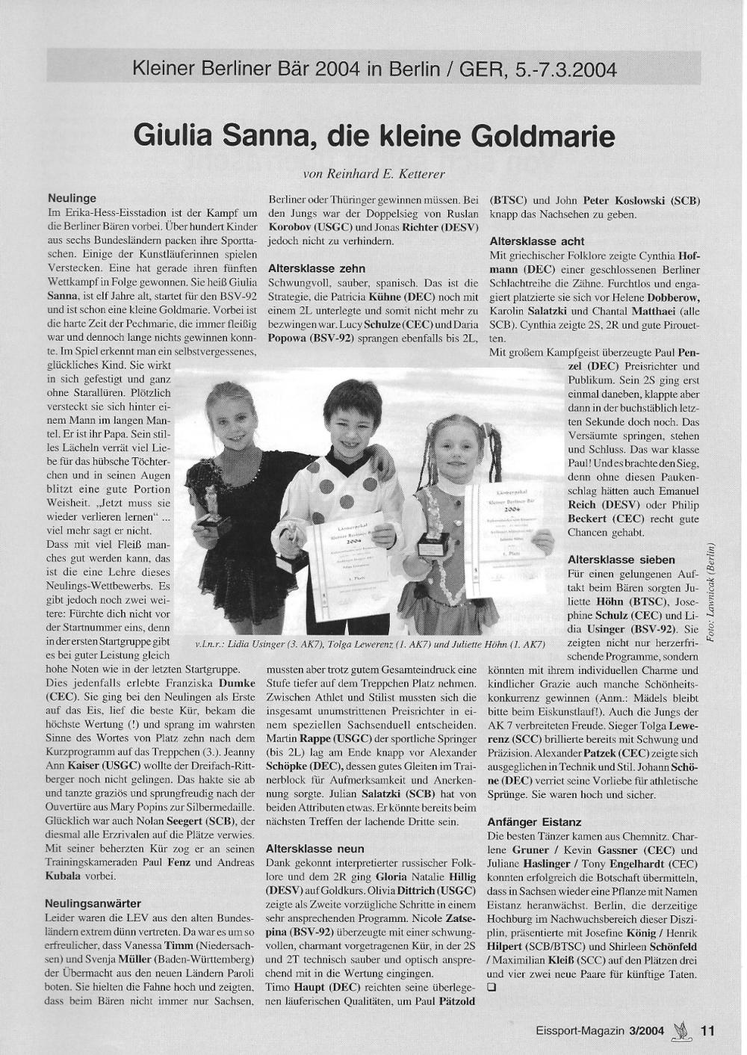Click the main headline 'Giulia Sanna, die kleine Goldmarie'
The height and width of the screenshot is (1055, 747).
click(373, 137)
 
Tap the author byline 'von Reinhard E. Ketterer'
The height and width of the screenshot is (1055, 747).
click(373, 173)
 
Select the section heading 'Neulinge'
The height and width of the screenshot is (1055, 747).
click(72, 199)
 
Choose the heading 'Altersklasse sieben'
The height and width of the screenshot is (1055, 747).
click(622, 559)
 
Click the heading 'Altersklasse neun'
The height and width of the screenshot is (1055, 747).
click(315, 848)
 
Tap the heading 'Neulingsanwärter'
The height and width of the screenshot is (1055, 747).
click(93, 903)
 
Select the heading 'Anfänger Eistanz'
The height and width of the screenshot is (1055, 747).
click(534, 822)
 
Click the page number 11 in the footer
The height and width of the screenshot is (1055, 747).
click(708, 1030)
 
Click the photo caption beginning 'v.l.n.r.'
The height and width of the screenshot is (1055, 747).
click(370, 644)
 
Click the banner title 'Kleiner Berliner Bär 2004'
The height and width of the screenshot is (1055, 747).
click(284, 70)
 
